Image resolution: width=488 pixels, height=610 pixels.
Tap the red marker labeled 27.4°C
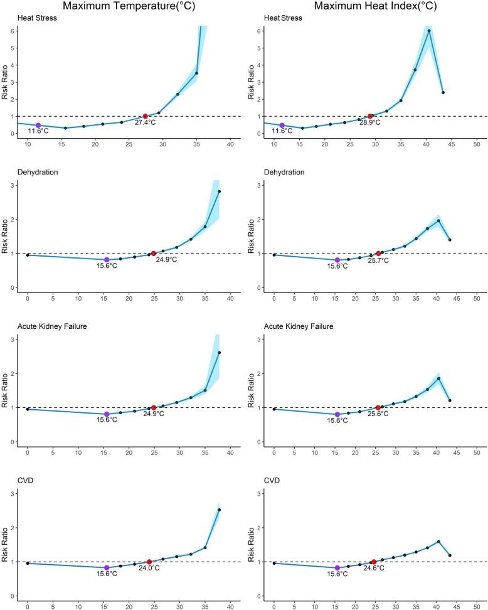(146, 116)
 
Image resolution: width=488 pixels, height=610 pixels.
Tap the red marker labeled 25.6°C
(378, 407)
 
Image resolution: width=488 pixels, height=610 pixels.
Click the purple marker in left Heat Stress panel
(38, 126)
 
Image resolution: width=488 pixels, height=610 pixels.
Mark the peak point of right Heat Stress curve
(429, 31)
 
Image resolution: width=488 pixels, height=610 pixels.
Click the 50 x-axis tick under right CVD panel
(476, 607)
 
